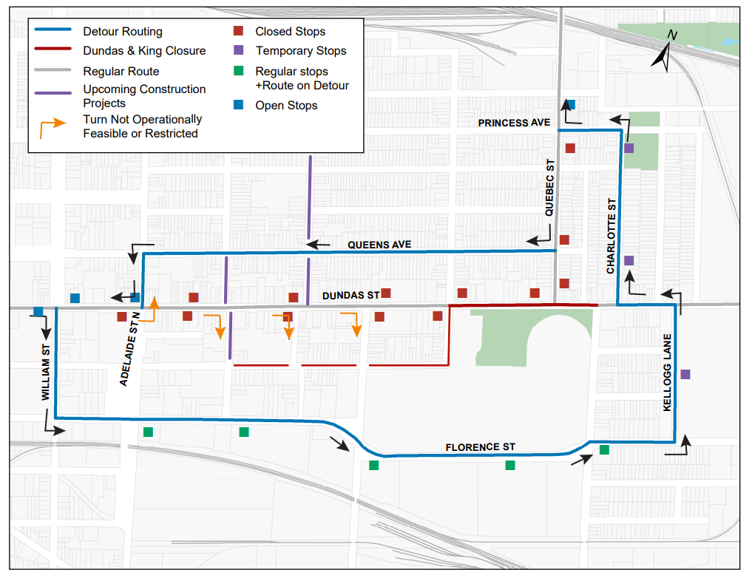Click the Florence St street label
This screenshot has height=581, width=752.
[480, 447]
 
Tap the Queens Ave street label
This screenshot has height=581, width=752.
[379, 245]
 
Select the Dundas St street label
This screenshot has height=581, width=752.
[350, 296]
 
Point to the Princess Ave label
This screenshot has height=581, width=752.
[514, 123]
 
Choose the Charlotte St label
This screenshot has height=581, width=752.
[611, 236]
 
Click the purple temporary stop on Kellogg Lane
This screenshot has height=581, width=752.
[685, 375]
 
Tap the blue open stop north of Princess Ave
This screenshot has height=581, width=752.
[570, 104]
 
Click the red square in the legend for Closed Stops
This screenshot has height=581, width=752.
[238, 32]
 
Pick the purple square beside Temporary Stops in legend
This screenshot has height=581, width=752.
[238, 51]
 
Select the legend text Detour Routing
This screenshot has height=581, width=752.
[123, 32]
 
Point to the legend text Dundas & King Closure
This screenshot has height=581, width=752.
[144, 51]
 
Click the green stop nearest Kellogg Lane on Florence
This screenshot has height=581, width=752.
[604, 449]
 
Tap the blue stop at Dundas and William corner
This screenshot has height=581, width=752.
[38, 311]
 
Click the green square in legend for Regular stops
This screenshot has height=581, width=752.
[238, 72]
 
